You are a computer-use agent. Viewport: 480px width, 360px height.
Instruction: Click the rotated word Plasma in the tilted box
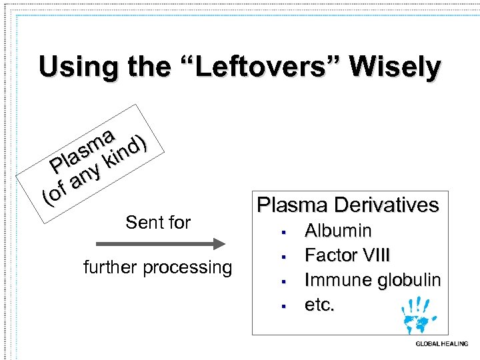click(82, 150)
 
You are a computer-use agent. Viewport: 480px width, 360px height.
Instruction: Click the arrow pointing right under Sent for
click(157, 243)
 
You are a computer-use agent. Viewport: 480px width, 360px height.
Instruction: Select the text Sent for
click(158, 222)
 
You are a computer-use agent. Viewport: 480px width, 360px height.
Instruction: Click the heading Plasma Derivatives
click(348, 204)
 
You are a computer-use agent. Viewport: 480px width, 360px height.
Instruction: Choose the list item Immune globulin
click(373, 280)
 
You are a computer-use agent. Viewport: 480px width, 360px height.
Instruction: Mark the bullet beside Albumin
click(283, 233)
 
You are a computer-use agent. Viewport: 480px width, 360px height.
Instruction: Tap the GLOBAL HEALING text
click(441, 344)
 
